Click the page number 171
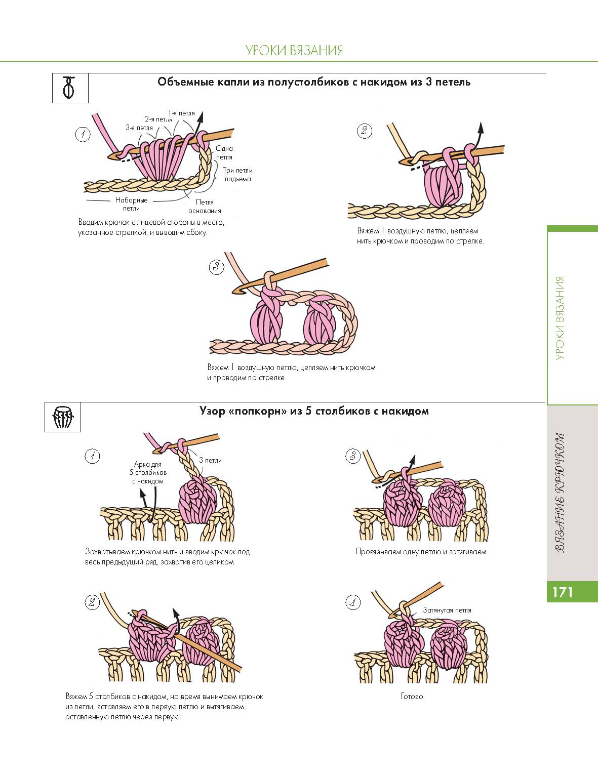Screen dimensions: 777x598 click(x=563, y=592)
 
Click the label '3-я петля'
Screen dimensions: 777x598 click(x=139, y=128)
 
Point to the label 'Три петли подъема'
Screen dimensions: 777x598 click(x=237, y=175)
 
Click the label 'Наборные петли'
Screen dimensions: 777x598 click(x=131, y=204)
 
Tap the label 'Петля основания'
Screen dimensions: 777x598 click(x=205, y=207)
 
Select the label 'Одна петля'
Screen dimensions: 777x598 click(x=224, y=152)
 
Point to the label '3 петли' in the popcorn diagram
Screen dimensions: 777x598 click(x=210, y=460)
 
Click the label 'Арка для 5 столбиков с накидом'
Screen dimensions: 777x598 click(x=148, y=472)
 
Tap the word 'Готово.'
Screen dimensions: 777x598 click(x=413, y=697)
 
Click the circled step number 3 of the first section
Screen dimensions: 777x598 click(x=216, y=267)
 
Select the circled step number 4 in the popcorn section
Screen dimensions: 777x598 click(x=352, y=602)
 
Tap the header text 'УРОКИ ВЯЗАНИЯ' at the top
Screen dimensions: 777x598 click(x=294, y=50)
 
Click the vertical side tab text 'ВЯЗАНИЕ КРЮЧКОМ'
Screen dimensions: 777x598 click(x=560, y=492)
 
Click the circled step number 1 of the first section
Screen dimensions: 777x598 click(x=82, y=134)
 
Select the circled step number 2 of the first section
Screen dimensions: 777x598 click(x=364, y=131)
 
